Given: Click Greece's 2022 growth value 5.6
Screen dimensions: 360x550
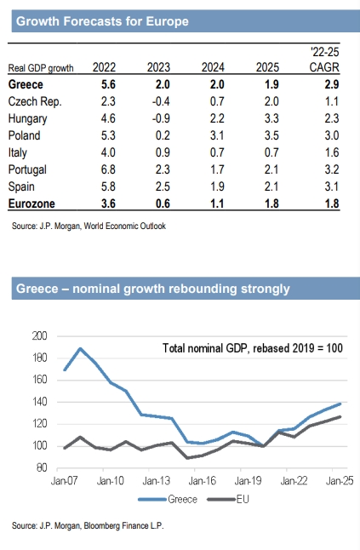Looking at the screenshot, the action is pyautogui.click(x=108, y=84).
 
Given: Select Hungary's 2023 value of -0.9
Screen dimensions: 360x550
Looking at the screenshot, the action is pyautogui.click(x=161, y=118).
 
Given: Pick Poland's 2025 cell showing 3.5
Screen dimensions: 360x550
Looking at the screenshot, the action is pyautogui.click(x=271, y=135).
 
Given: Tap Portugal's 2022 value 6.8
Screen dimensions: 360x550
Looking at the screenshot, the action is pyautogui.click(x=108, y=169).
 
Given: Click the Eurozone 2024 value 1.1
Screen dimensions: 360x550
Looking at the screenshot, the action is pyautogui.click(x=217, y=203).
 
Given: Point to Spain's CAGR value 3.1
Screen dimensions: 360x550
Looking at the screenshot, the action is pyautogui.click(x=332, y=186).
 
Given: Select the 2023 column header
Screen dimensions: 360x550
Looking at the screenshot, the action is pyautogui.click(x=158, y=67).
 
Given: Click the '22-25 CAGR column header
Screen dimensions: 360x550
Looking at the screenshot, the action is pyautogui.click(x=324, y=60).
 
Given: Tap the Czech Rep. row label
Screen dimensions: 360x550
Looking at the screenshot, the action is pyautogui.click(x=35, y=101).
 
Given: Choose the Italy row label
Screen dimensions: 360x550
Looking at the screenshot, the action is pyautogui.click(x=18, y=153).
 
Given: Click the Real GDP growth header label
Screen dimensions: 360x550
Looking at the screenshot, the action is pyautogui.click(x=41, y=68).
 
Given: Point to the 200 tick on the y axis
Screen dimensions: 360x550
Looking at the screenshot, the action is pyautogui.click(x=39, y=336).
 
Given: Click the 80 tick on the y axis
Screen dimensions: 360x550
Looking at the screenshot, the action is pyautogui.click(x=42, y=467).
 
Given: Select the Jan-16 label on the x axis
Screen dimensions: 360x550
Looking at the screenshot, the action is pyautogui.click(x=202, y=480).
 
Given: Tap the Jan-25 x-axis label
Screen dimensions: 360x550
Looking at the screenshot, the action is pyautogui.click(x=340, y=480).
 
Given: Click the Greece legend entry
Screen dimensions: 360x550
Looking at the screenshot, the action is pyautogui.click(x=168, y=499).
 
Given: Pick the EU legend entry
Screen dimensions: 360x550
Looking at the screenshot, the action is pyautogui.click(x=228, y=499).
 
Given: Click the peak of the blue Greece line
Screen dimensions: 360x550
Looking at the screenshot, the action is pyautogui.click(x=81, y=348).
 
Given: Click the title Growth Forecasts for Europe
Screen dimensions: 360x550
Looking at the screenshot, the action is pyautogui.click(x=102, y=21).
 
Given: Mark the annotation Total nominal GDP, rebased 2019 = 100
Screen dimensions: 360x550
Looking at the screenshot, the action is pyautogui.click(x=253, y=348).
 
